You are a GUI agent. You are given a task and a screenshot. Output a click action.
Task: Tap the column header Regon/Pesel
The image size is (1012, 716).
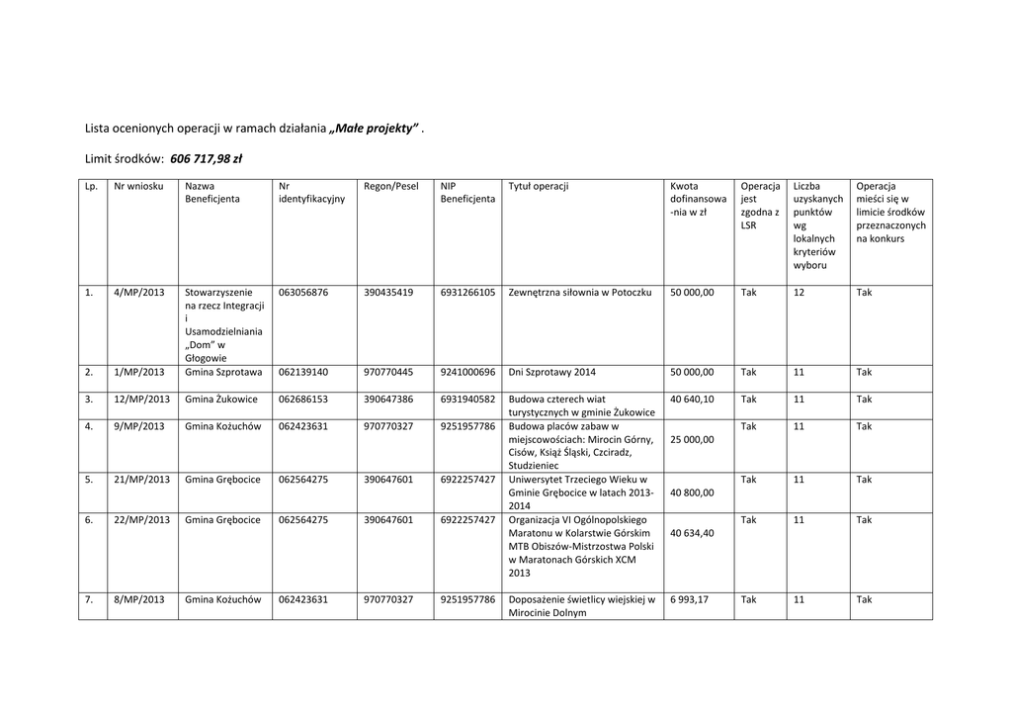pos(391,186)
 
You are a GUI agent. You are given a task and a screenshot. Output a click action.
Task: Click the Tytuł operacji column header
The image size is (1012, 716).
pos(539,186)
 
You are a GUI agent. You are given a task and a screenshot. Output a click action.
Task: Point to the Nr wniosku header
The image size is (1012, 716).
pos(138,186)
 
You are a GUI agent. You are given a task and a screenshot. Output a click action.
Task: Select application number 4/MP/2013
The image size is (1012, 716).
pos(139,293)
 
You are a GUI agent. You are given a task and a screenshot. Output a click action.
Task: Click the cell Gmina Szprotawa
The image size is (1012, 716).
pos(223,373)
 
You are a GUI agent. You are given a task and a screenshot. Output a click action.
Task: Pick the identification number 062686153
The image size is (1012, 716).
pos(303,400)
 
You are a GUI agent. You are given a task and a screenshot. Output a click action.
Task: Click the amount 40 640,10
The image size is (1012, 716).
pos(692,400)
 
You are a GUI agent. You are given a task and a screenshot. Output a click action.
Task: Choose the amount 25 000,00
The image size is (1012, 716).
pos(692,439)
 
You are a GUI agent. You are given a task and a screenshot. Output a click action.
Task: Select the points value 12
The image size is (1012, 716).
pos(800,293)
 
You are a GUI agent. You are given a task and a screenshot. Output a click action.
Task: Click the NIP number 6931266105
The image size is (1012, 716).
pos(468,293)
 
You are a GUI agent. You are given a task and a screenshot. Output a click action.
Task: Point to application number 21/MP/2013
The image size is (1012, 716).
pos(142,480)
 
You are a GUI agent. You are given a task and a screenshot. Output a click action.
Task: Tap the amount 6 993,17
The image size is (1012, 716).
pos(690,600)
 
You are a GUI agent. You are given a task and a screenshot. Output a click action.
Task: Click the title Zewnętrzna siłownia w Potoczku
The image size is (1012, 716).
pos(580,293)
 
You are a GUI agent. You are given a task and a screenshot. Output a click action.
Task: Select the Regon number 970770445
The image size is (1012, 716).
pos(388,373)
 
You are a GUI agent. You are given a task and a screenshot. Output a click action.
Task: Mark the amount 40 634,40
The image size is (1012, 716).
pos(692,533)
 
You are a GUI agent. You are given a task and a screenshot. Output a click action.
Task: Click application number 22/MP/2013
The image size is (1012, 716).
pos(142,520)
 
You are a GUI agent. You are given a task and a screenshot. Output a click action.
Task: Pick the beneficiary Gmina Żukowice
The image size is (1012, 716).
pos(221,400)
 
